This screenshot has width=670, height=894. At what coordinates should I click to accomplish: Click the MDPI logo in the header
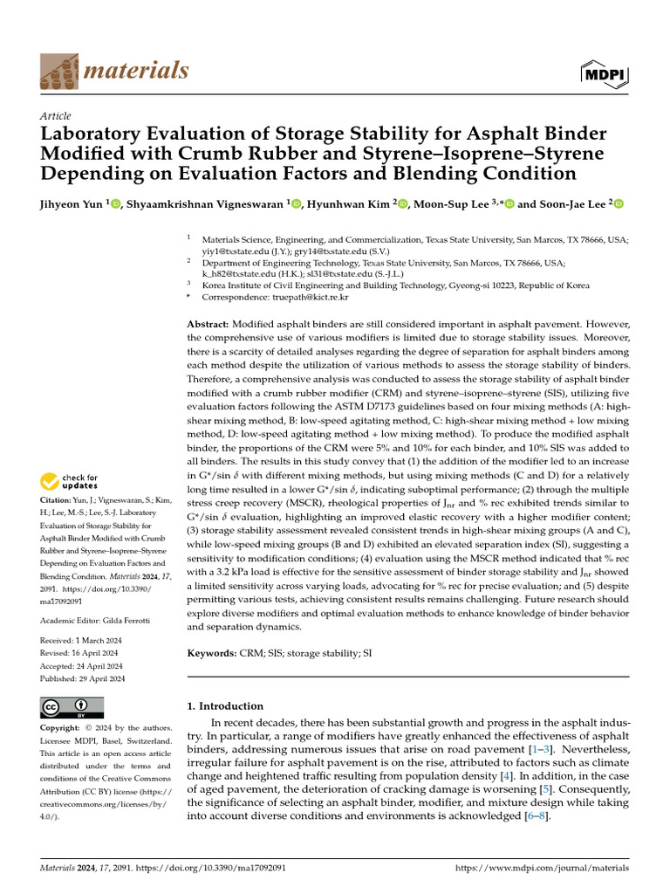(603, 75)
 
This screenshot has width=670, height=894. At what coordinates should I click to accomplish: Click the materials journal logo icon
(59, 69)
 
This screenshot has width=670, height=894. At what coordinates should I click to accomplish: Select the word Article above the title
(56, 116)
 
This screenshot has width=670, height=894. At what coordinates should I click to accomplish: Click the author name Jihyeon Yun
(72, 204)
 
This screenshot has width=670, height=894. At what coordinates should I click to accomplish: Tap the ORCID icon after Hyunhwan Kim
(402, 204)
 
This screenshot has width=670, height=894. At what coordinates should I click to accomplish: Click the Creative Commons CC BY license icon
(72, 707)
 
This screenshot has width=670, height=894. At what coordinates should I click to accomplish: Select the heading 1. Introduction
(226, 705)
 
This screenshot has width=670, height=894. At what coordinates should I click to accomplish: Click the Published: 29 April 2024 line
(84, 679)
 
